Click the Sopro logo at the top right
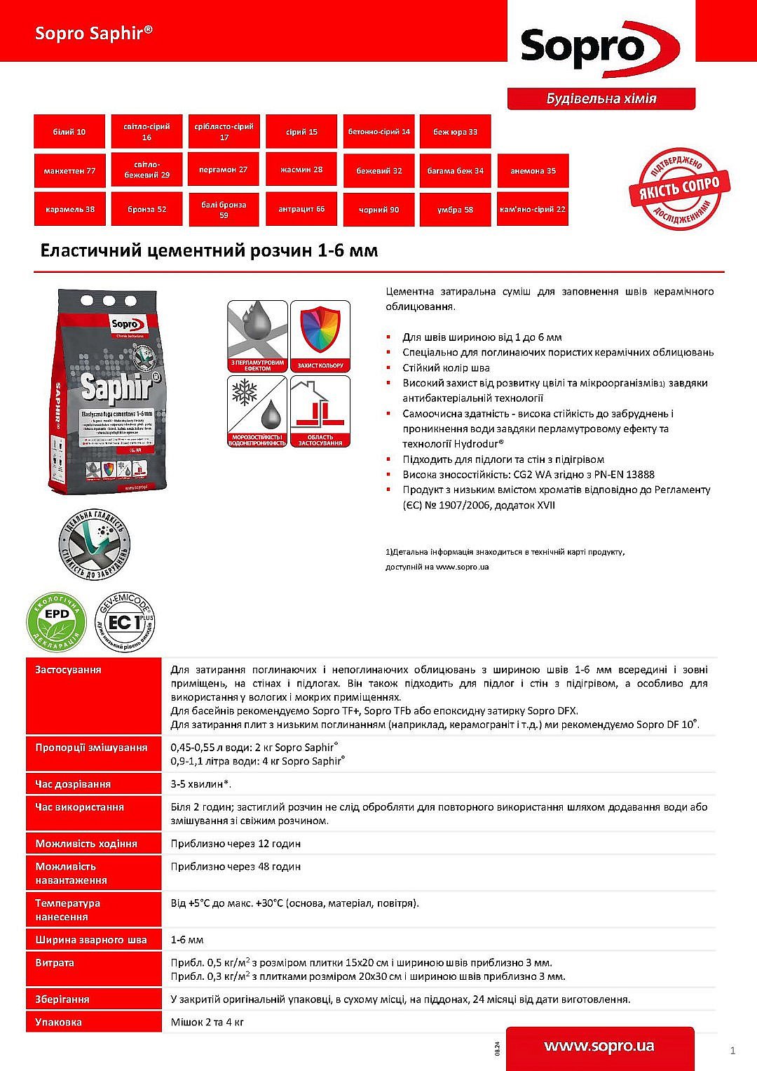point(600,48)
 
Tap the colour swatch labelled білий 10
point(69,132)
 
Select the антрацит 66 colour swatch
point(301,209)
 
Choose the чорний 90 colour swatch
point(378,210)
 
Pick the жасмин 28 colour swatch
point(301,170)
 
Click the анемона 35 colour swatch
point(533,170)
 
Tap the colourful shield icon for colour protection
point(320,336)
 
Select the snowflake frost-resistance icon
point(257,411)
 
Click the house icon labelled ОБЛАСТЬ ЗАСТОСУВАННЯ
point(320,411)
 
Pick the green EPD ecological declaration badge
point(56,622)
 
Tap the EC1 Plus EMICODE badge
point(125,622)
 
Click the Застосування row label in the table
point(68,670)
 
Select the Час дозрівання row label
point(73,783)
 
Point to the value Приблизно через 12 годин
point(236,843)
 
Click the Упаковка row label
point(58,1022)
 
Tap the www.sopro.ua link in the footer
point(599,1046)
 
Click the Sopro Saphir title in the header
point(94,33)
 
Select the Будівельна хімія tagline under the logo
point(601,99)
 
